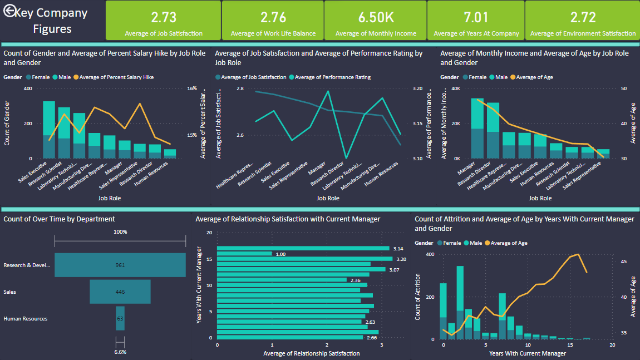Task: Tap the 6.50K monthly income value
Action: [x=376, y=17]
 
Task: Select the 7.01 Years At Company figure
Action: [x=476, y=17]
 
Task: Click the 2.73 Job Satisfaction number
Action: [x=164, y=17]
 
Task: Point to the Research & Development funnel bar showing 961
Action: [x=120, y=265]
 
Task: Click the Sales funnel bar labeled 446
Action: [x=120, y=292]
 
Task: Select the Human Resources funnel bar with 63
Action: [x=120, y=318]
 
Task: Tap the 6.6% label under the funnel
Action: [x=120, y=352]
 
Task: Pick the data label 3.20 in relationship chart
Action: [x=400, y=259]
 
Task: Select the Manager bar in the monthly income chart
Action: [x=477, y=129]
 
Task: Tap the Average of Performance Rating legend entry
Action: [x=333, y=77]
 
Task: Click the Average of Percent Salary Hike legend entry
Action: [x=116, y=77]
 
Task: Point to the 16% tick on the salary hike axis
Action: [x=191, y=88]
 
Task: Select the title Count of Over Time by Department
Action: [x=60, y=219]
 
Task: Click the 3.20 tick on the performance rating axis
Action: [x=418, y=88]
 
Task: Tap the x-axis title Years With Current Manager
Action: [x=528, y=353]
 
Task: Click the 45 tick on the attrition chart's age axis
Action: [x=623, y=261]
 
